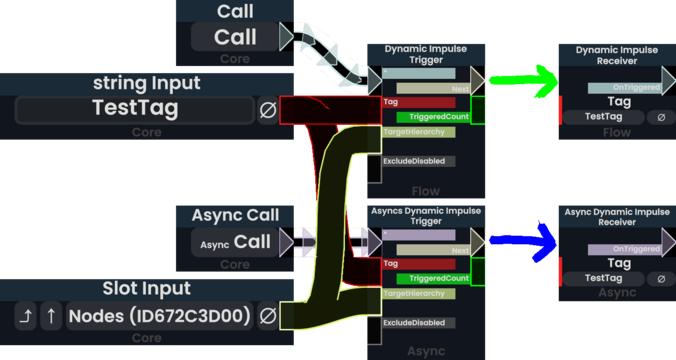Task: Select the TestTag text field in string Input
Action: pyautogui.click(x=135, y=109)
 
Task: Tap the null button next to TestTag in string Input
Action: pyautogui.click(x=268, y=110)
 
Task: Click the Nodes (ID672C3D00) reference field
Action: pyautogui.click(x=159, y=317)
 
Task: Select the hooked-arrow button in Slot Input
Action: pyautogui.click(x=27, y=317)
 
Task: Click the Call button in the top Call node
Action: pyautogui.click(x=235, y=38)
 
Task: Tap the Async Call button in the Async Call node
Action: pyautogui.click(x=235, y=242)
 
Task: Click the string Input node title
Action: pyautogui.click(x=147, y=83)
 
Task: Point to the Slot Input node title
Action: pyautogui.click(x=147, y=289)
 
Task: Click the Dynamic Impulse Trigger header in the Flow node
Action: pyautogui.click(x=426, y=55)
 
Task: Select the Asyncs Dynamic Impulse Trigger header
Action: pyautogui.click(x=426, y=218)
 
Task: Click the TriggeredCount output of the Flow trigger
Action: pyautogui.click(x=432, y=117)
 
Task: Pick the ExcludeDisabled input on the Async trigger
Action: pyautogui.click(x=419, y=323)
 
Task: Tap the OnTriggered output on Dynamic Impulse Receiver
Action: pyautogui.click(x=625, y=88)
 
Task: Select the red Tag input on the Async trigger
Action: pyautogui.click(x=419, y=264)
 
